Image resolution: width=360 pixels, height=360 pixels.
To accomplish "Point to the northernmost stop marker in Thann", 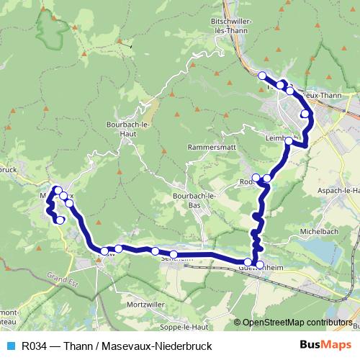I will pos(262,76).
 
